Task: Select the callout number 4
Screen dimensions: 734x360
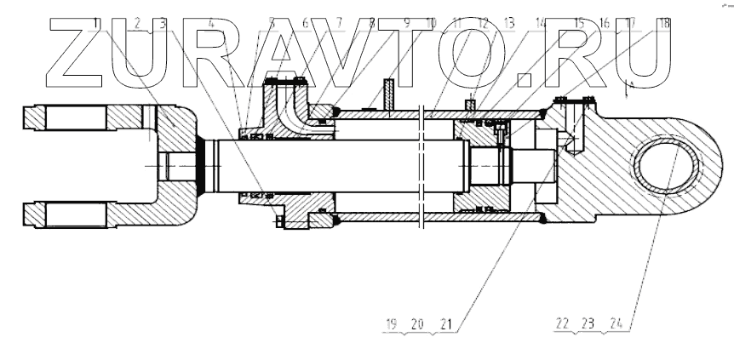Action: (211, 23)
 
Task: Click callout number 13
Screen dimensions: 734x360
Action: (509, 23)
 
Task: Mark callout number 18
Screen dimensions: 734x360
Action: (662, 23)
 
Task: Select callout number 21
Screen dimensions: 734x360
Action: (445, 325)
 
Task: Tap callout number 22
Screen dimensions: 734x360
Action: (562, 325)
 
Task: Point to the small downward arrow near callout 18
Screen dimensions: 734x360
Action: (629, 87)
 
